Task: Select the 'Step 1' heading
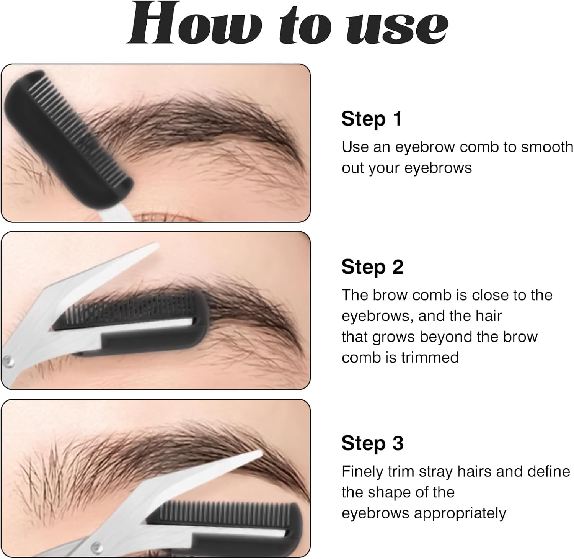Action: click(371, 119)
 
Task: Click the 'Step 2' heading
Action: click(372, 267)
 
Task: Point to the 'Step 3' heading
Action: click(372, 443)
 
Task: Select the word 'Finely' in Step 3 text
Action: click(362, 471)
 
